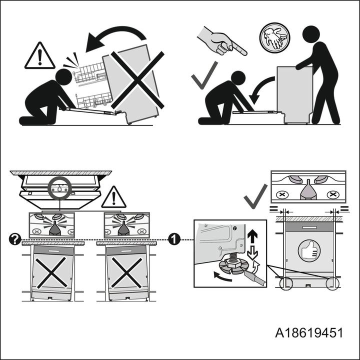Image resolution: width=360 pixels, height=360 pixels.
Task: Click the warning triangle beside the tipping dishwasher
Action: tap(40, 57)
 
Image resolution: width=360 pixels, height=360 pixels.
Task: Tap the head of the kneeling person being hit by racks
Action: tap(63, 77)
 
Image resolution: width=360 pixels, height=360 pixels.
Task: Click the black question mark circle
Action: tap(14, 239)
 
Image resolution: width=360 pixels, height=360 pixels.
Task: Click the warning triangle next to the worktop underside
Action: tap(113, 197)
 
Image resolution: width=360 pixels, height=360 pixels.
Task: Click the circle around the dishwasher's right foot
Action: tap(331, 283)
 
